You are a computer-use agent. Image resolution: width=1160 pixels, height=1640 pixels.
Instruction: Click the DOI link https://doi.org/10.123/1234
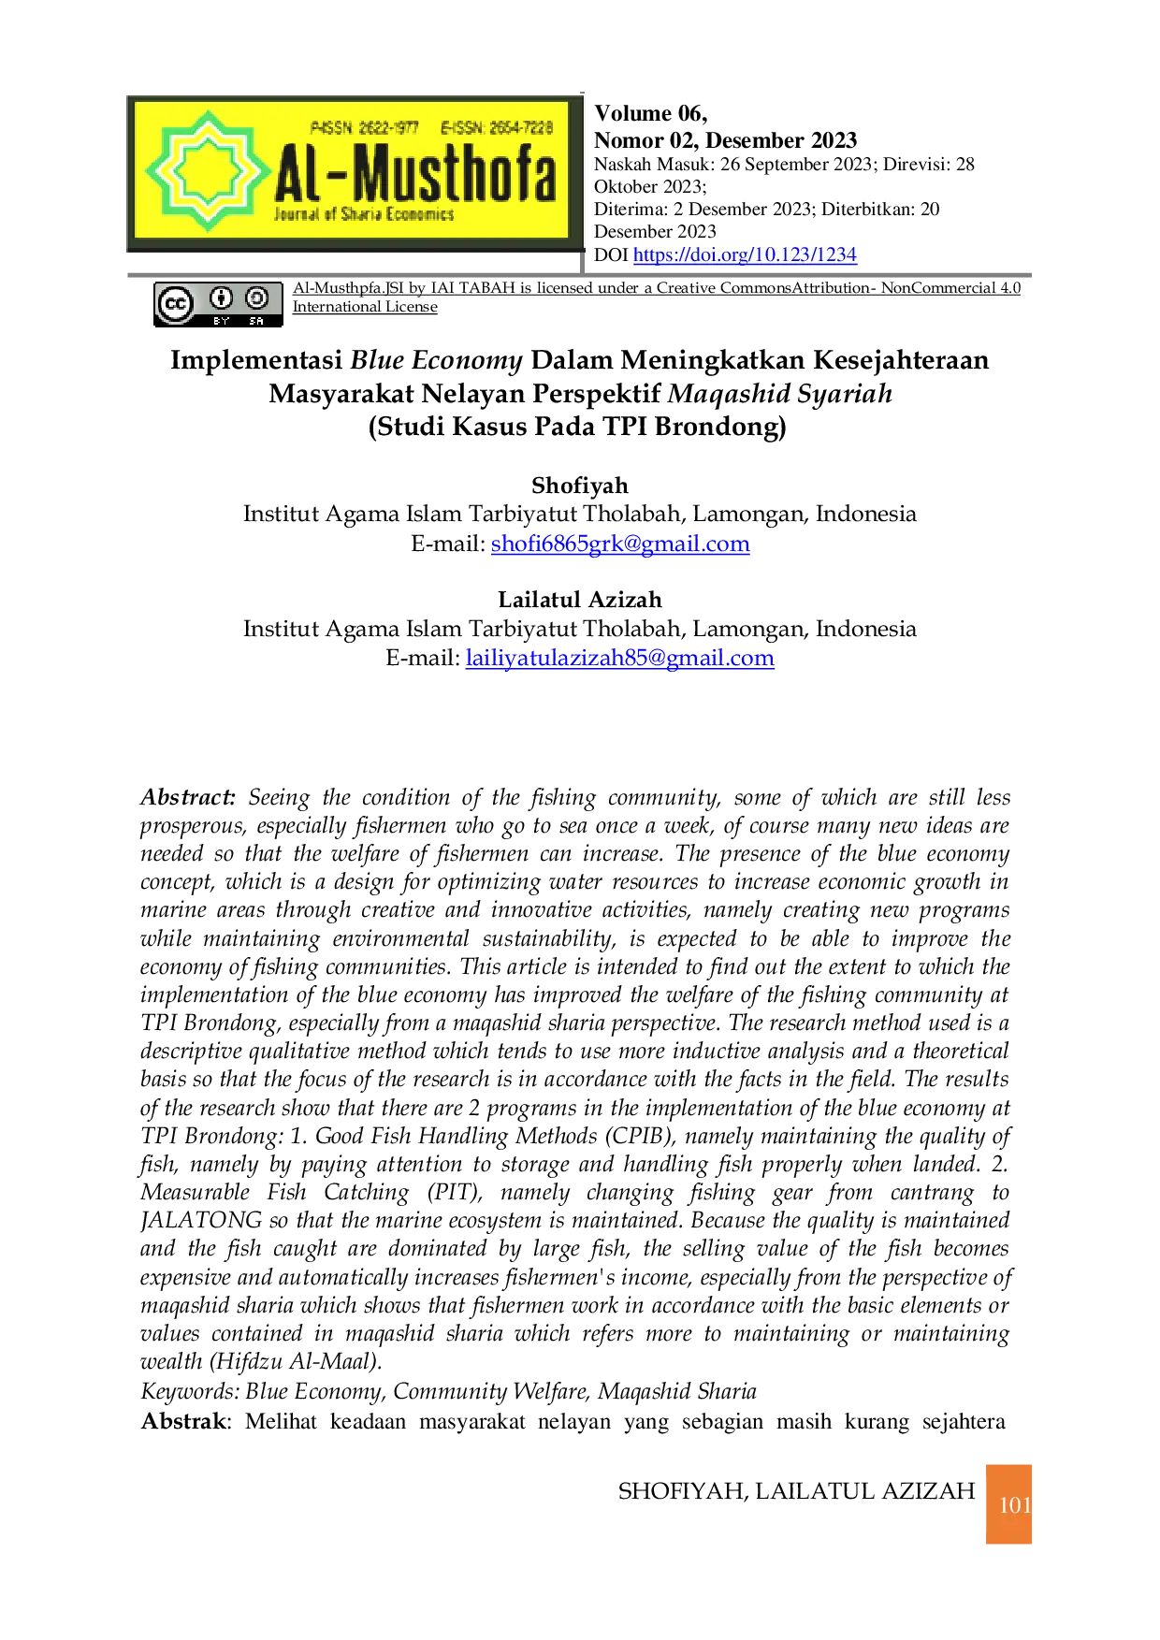tap(745, 254)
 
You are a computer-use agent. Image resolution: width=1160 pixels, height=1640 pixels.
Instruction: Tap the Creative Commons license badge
tap(218, 305)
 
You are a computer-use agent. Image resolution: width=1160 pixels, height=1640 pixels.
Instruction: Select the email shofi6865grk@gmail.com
tap(620, 544)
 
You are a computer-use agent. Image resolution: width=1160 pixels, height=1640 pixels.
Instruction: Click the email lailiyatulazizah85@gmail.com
tap(619, 658)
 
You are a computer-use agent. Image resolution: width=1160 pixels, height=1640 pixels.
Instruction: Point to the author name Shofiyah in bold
tap(580, 486)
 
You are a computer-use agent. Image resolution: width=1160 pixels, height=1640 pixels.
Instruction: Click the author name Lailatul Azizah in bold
tap(580, 600)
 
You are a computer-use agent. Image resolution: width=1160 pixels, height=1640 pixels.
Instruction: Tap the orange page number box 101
tap(1008, 1504)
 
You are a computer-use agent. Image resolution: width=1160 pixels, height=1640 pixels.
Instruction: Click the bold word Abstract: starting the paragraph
tap(188, 797)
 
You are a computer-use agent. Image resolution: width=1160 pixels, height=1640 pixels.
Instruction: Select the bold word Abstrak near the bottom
tap(183, 1421)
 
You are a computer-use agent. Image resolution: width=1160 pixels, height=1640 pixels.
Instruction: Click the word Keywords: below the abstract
tap(190, 1392)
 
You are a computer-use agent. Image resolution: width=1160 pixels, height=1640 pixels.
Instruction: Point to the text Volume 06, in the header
tap(651, 114)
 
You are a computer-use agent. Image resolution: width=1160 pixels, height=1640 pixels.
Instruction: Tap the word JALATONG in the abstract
tap(201, 1220)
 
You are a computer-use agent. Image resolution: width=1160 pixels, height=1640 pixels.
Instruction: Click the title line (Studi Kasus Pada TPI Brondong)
tap(577, 427)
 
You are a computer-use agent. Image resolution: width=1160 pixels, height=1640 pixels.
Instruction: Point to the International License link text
tap(365, 307)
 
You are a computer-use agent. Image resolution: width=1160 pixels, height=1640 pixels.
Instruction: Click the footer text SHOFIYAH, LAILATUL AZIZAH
tap(797, 1491)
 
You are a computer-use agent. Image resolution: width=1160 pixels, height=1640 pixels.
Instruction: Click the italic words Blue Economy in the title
tap(436, 360)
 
